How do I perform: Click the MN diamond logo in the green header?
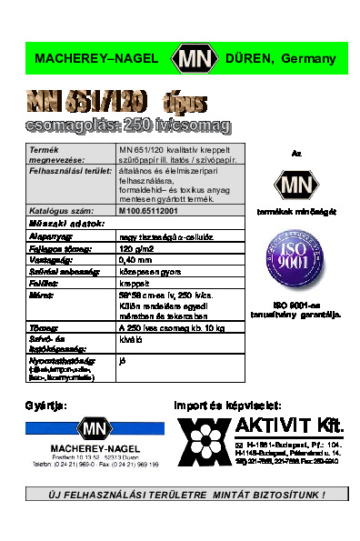tap(196, 59)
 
